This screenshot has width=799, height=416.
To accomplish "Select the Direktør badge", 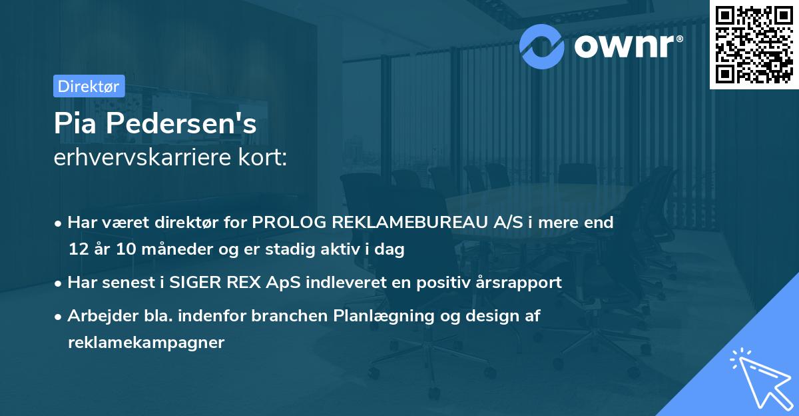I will point(89,86).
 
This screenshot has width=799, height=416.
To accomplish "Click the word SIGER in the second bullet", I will point(196,283).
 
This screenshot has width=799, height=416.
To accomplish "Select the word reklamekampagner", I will point(146,343).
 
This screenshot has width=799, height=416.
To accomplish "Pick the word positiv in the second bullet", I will point(439,283).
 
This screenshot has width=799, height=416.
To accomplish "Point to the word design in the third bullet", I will point(479,316).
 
